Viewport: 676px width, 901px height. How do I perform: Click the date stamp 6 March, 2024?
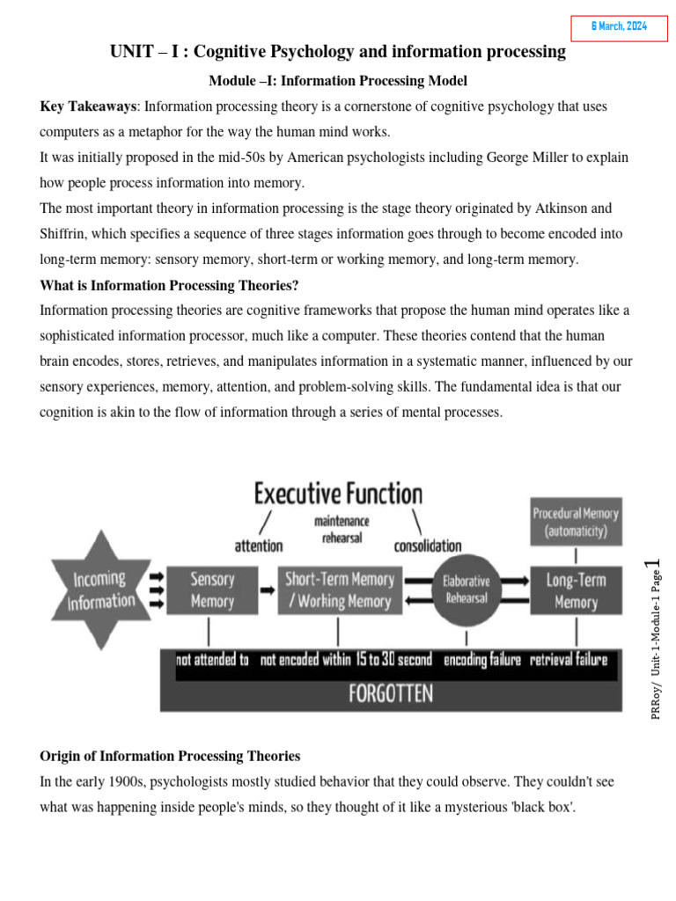click(619, 27)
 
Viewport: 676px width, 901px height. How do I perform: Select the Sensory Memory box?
click(212, 590)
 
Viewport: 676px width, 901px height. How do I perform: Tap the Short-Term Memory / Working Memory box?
click(340, 590)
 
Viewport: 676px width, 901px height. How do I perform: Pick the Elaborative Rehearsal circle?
click(466, 590)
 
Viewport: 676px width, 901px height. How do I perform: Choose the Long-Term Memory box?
click(576, 590)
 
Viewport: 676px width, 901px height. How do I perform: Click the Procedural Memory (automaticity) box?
click(576, 522)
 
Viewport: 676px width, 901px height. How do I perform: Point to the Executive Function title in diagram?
click(339, 493)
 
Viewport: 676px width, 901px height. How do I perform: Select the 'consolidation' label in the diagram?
click(428, 546)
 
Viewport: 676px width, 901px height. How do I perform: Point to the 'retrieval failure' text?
click(568, 660)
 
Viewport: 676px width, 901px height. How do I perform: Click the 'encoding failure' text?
click(482, 660)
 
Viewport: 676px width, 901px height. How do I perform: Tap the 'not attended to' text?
click(212, 660)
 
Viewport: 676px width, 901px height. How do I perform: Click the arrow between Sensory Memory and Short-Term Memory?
click(267, 590)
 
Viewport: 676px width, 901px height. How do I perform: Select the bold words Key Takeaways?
click(88, 106)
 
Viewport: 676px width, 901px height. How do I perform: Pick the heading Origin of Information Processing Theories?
click(170, 756)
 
